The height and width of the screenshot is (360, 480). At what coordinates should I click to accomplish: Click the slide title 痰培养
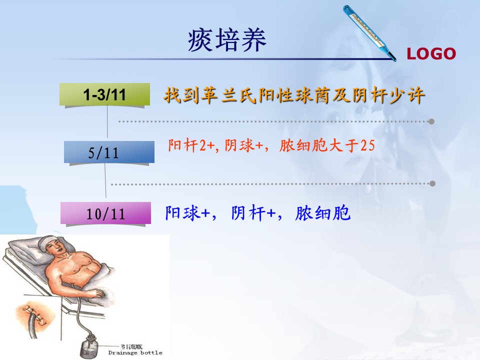[227, 40]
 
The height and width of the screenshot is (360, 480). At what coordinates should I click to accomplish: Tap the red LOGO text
[431, 54]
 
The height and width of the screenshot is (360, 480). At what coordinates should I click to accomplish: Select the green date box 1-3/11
[104, 94]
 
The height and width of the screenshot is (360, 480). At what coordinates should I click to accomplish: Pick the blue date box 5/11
[109, 152]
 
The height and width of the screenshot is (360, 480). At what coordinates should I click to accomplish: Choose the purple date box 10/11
[105, 213]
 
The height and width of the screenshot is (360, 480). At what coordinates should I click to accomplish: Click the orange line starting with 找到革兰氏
[294, 95]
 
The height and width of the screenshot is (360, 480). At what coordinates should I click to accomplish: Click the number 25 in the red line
[367, 145]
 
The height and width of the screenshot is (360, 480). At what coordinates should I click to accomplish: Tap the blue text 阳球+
[187, 213]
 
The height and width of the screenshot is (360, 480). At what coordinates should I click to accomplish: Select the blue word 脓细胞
[322, 213]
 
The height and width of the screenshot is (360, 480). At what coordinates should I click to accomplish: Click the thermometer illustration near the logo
[369, 33]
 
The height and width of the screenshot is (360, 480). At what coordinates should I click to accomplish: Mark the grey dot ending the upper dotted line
[431, 121]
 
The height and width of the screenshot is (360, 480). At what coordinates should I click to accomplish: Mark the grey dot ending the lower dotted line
[432, 183]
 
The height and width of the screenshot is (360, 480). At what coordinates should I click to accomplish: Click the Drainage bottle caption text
[135, 352]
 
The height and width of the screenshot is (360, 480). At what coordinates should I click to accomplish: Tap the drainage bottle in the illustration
[89, 346]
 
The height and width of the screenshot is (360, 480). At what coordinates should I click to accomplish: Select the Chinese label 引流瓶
[131, 347]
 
